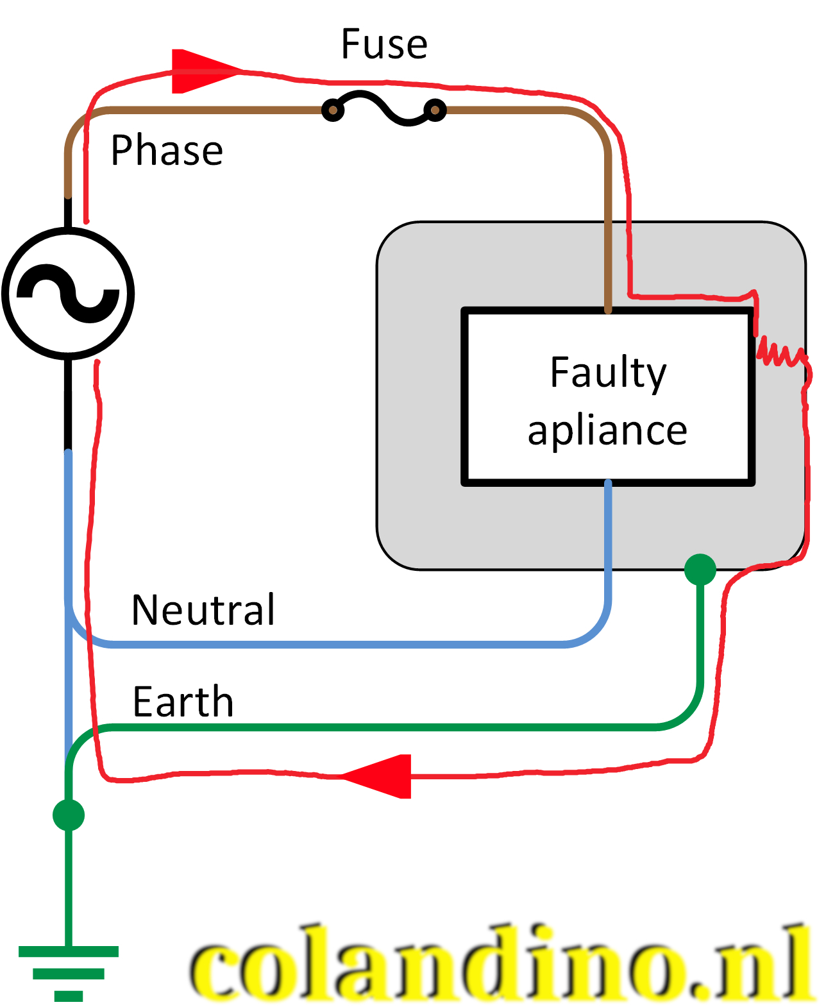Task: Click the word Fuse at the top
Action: tap(383, 44)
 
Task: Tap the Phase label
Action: tap(167, 151)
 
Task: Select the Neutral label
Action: tap(203, 609)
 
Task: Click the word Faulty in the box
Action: tap(608, 373)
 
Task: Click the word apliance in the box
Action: tap(607, 430)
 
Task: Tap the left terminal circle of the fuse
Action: tap(332, 110)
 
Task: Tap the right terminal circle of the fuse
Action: tap(435, 110)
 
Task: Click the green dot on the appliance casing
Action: tap(700, 570)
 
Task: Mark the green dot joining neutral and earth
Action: tap(69, 815)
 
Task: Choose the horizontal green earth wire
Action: tap(385, 727)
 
